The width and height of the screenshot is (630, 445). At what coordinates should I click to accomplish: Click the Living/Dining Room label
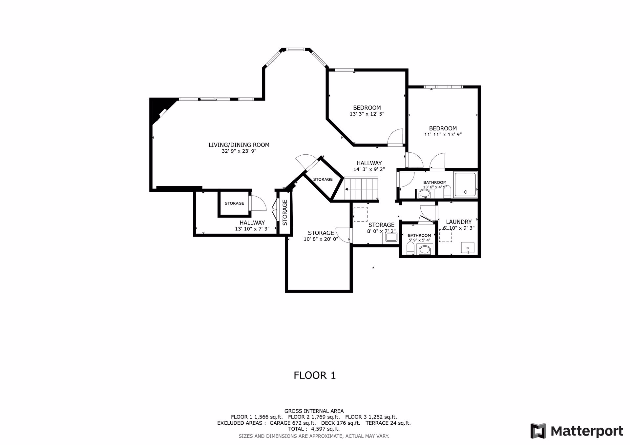tap(239, 145)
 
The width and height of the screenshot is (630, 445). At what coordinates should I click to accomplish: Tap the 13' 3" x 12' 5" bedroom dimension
tap(367, 114)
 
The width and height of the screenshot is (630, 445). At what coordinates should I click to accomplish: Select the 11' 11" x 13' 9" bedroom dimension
tap(443, 134)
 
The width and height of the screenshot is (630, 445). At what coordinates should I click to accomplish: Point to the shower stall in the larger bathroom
tap(465, 184)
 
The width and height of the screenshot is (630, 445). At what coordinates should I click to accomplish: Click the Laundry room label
tap(459, 222)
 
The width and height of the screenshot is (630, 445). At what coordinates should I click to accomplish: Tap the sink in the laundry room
tap(467, 248)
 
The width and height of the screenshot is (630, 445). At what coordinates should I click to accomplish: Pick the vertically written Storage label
tap(285, 213)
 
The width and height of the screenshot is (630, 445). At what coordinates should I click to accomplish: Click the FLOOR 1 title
tap(315, 375)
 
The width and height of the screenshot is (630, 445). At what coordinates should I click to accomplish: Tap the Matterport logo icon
tap(538, 431)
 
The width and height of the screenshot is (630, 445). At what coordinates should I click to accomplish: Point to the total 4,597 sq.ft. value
tap(325, 429)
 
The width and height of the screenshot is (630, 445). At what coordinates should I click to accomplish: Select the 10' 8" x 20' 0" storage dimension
tap(321, 239)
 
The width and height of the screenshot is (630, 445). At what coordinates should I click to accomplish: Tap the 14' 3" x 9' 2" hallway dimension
tap(369, 169)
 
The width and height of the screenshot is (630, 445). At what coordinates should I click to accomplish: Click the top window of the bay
tap(296, 49)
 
